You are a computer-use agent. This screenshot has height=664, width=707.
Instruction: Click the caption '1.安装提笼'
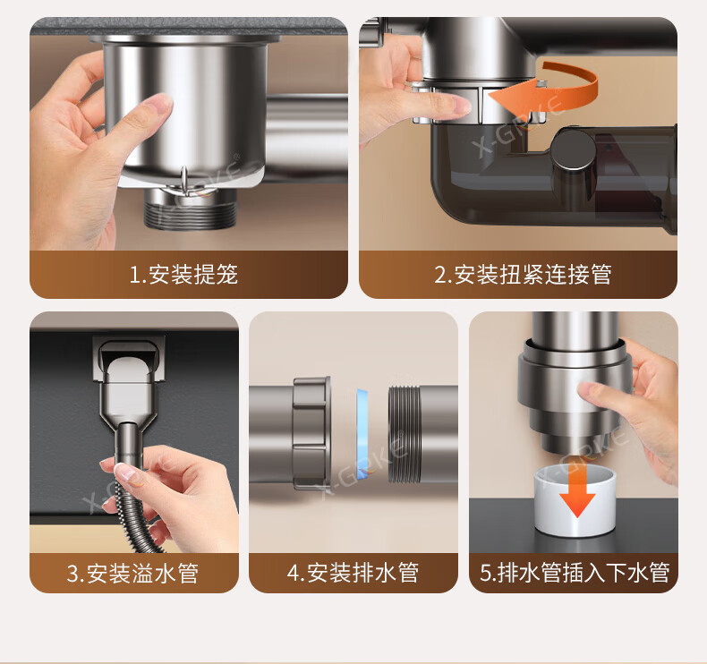click(183, 274)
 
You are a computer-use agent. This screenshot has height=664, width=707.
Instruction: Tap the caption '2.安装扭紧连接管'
click(523, 274)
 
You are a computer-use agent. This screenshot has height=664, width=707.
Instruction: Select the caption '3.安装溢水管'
click(132, 573)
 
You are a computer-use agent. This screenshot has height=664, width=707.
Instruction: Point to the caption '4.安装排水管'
click(353, 573)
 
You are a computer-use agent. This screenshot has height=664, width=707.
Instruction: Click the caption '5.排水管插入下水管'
click(574, 573)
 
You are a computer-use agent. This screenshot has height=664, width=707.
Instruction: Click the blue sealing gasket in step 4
click(362, 434)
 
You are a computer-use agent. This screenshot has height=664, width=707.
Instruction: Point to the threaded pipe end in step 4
click(405, 434)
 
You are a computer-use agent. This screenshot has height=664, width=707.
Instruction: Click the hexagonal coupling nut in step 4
click(311, 434)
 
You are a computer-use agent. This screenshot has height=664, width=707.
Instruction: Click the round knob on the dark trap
click(574, 150)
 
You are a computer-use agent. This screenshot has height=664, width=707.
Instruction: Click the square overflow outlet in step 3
click(129, 358)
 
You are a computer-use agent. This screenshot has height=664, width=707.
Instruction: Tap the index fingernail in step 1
click(158, 104)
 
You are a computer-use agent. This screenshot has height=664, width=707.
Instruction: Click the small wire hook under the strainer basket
click(184, 178)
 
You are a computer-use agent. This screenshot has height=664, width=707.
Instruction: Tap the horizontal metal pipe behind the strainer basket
click(307, 135)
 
